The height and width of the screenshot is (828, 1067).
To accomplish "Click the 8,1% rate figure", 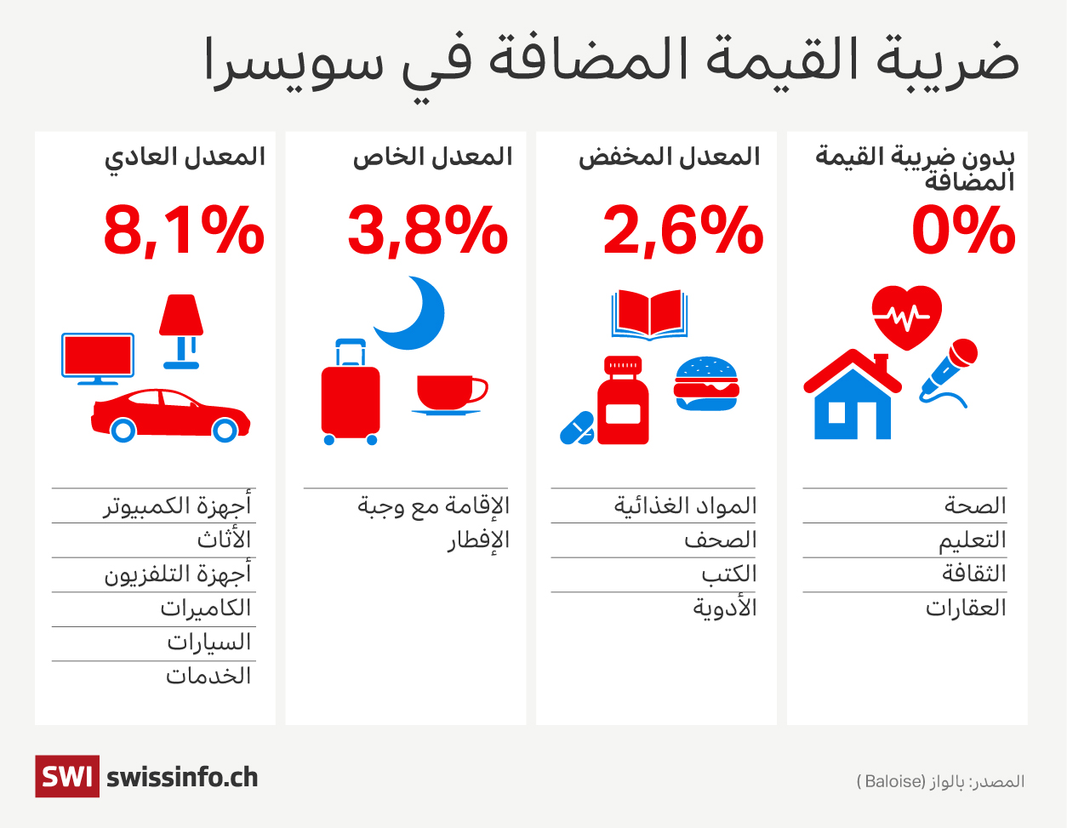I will coord(184,231).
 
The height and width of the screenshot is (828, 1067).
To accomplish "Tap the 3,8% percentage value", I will coord(427,231).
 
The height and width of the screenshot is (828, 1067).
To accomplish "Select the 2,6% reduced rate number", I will coord(682,231).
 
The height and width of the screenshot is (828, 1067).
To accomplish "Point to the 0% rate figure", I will coord(963,231).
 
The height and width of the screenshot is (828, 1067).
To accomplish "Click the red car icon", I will coord(170,415).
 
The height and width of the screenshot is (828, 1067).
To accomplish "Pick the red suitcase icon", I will coord(350,394).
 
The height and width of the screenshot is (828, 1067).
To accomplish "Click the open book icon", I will coord(649,315).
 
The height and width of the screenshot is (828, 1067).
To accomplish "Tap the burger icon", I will coord(706,384).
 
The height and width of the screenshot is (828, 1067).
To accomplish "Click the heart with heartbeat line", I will coord(907,317).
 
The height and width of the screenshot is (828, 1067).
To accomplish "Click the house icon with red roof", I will coord(852,396).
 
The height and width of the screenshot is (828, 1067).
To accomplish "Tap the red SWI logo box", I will coord(66,776).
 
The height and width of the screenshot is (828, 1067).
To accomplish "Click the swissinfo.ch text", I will coord(182,777).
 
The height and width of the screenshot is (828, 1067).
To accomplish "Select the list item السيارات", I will coord(209,642).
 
